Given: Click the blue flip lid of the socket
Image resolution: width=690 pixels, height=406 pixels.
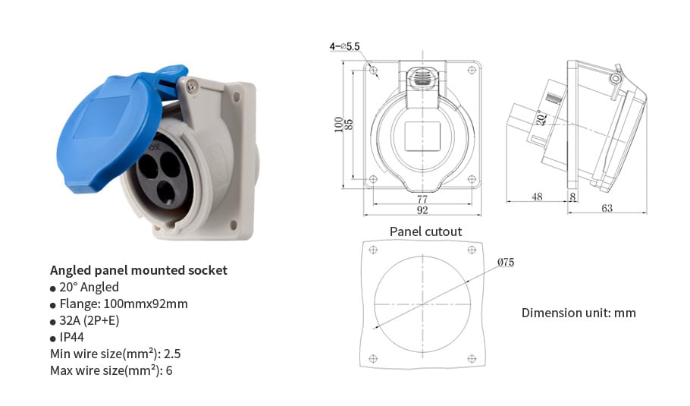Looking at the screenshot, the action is point(110,132).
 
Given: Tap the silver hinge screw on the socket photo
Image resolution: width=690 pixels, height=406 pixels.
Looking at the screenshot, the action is point(191,87).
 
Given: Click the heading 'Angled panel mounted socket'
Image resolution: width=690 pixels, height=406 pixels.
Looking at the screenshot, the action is point(139,270).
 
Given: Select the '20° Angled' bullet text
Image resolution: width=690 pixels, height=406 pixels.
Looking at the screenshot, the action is point(89,287).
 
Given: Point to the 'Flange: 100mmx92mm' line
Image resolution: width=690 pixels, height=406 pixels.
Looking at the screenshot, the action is point(124,304).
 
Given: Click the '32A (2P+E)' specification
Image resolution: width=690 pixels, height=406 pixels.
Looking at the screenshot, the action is point(89,320).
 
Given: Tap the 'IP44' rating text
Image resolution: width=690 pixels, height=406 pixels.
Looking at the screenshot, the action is point(71,337).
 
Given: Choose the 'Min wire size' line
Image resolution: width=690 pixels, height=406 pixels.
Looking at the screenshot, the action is point(115,354).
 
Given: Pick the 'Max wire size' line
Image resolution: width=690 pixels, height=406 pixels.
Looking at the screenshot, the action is point(111,370).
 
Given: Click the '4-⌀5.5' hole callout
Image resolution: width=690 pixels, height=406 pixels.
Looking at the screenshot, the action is point(344,46).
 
